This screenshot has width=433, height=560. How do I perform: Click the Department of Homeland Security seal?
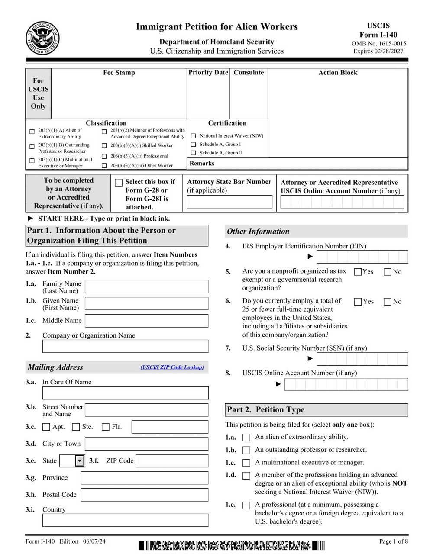tap(42, 38)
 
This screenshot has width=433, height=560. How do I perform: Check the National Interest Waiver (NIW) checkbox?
tap(193, 136)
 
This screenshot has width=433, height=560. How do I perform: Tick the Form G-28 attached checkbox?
tap(119, 183)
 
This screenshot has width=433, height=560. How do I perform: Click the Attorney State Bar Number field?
tap(229, 202)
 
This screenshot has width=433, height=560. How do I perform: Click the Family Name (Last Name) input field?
tap(146, 286)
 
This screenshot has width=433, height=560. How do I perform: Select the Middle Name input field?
tap(146, 321)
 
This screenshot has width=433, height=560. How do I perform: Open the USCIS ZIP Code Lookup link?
tap(172, 367)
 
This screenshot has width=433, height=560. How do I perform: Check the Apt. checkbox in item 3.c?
tap(46, 427)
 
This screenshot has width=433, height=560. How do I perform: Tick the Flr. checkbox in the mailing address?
tap(105, 427)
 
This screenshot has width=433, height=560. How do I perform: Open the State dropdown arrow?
tap(79, 461)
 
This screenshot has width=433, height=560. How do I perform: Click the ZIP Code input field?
tap(172, 461)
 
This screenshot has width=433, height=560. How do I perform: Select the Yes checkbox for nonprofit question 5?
tap(358, 272)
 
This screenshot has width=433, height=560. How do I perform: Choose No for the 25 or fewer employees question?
tap(388, 302)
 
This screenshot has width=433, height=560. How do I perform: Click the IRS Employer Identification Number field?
tap(362, 257)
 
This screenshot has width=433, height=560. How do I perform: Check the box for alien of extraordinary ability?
tap(246, 438)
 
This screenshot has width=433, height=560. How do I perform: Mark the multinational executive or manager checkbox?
tap(246, 463)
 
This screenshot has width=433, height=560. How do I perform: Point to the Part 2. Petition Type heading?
tap(265, 410)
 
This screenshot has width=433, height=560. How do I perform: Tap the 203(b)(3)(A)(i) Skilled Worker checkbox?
tap(104, 146)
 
